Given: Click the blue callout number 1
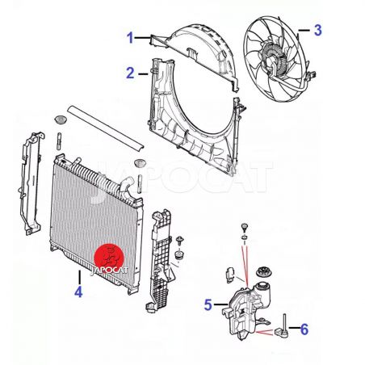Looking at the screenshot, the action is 130,38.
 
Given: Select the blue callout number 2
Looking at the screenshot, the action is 130,73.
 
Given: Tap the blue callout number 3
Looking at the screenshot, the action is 318,30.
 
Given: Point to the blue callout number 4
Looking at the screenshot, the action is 78,292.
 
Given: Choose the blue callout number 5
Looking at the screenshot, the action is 208,305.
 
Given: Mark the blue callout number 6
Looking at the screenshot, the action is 304,329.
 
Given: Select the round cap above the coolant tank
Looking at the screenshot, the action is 264,272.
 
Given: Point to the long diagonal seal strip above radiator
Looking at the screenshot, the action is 106,128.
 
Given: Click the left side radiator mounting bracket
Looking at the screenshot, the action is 31,183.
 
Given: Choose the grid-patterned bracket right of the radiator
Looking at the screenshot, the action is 160,261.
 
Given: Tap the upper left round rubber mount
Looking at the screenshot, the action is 60,120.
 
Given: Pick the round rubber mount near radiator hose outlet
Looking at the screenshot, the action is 140,164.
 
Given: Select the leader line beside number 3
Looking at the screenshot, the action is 304,31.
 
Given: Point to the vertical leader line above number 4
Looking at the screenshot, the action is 80,277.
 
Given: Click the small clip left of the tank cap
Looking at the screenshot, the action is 230,275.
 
